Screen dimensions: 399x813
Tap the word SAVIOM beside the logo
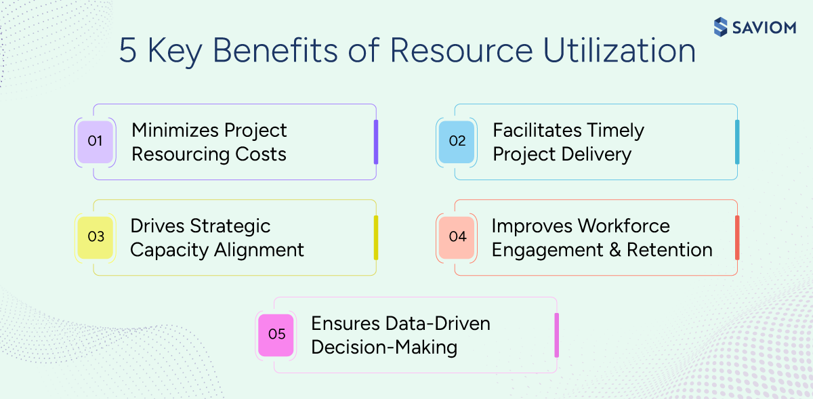coord(763,27)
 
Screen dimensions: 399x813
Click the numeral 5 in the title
coord(127,51)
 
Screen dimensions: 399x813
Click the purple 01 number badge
coord(95,142)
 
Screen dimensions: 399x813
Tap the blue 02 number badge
coord(457,142)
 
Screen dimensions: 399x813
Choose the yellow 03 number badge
coord(95,237)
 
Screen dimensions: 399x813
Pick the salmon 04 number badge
coord(457,237)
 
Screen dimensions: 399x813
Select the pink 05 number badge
coord(276,335)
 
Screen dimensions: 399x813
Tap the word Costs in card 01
coord(260,154)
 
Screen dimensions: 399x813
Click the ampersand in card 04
coord(611,250)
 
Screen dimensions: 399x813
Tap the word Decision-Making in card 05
coord(384,348)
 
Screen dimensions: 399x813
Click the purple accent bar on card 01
coord(376,142)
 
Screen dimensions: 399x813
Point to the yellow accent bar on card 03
coord(376,237)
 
